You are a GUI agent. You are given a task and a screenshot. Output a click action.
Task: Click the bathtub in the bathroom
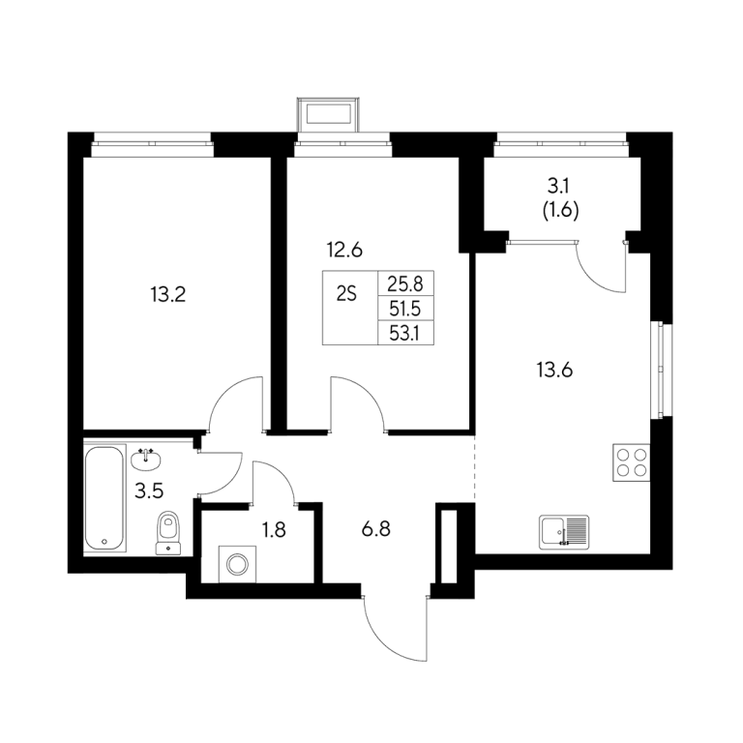(x=104, y=497)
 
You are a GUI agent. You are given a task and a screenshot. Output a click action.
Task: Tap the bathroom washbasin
(x=146, y=460)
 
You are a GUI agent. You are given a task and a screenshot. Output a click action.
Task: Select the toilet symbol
(x=167, y=533)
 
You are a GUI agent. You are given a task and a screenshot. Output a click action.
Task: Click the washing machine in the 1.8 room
(x=237, y=564)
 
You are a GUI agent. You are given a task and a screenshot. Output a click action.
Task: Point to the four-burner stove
(x=631, y=462)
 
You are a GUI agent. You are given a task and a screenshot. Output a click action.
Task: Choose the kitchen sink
(x=564, y=532)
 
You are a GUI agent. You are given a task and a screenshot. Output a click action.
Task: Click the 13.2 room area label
(x=168, y=295)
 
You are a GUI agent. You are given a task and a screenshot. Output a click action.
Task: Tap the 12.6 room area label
(x=344, y=250)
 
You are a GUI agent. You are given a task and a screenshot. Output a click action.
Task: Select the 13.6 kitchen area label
(x=554, y=370)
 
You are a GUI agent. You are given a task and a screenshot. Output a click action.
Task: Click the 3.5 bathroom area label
(x=149, y=490)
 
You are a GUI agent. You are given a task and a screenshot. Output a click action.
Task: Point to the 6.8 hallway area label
(x=375, y=529)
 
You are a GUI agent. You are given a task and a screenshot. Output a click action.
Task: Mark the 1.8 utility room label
(x=274, y=530)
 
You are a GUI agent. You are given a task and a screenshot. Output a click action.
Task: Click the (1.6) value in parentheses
(x=560, y=210)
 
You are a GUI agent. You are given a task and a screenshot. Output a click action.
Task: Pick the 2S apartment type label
(x=346, y=295)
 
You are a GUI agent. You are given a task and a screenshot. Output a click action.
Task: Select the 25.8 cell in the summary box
(x=405, y=283)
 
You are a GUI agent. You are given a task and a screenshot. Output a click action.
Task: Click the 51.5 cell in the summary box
(x=405, y=309)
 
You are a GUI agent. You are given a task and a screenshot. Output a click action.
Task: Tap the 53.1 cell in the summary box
(x=404, y=334)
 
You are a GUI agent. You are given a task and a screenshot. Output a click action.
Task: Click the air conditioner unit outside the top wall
(x=328, y=114)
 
